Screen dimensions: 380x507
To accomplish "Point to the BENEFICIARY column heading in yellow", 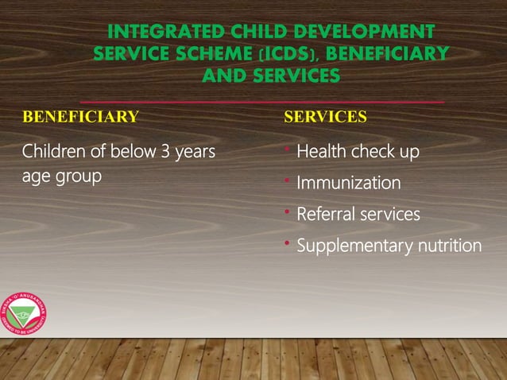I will click(x=80, y=118).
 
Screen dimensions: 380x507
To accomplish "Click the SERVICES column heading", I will click(x=325, y=118).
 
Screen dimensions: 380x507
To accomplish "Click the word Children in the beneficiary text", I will click(x=50, y=152).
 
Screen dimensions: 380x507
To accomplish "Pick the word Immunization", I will click(x=348, y=184).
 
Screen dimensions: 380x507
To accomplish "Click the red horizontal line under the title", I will click(x=262, y=103).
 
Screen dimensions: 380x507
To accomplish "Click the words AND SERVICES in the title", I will click(x=270, y=76).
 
